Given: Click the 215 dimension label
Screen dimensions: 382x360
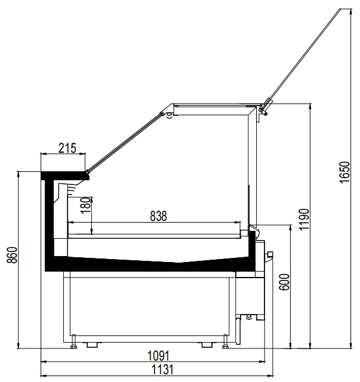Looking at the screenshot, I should (67, 148).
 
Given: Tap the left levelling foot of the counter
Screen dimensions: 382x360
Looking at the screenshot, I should (74, 344).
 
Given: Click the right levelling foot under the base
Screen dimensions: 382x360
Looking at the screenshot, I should (226, 344).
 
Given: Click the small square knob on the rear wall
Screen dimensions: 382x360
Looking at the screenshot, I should (270, 255).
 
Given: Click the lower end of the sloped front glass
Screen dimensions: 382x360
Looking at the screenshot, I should (88, 174).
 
